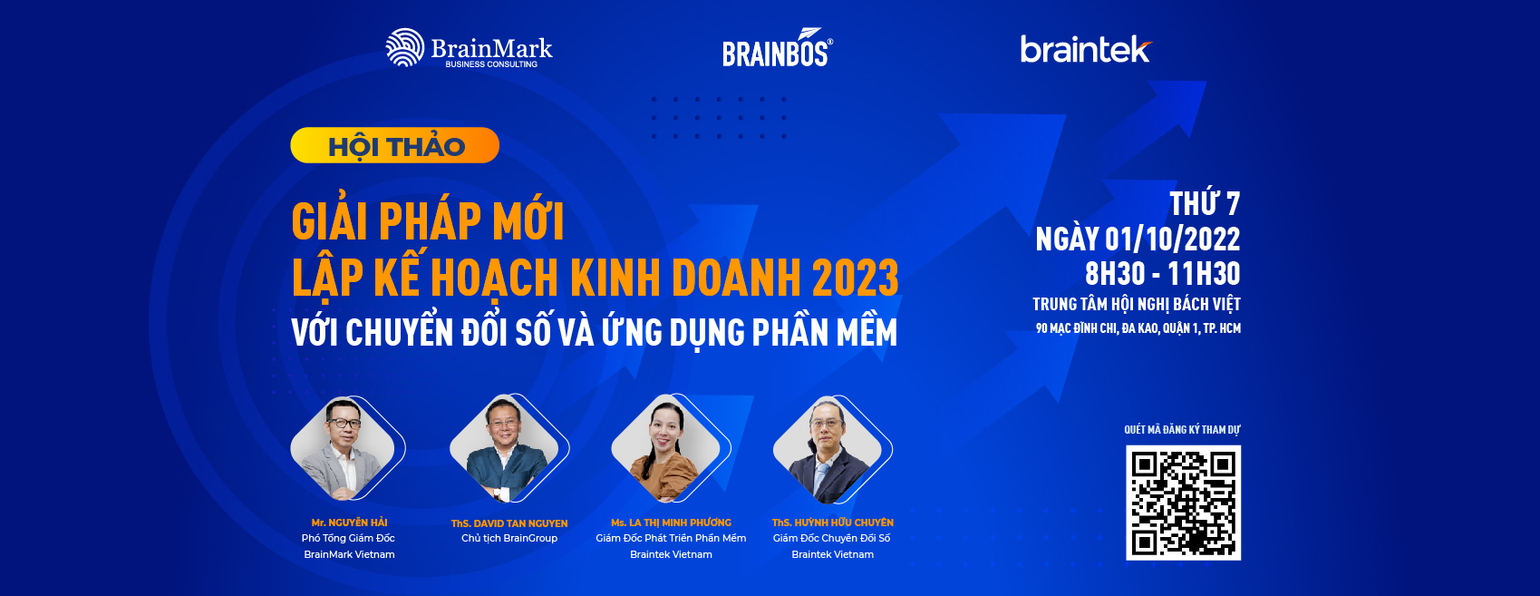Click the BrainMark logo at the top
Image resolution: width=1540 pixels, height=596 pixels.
click(x=469, y=49)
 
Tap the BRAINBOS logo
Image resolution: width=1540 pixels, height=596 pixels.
click(x=777, y=50)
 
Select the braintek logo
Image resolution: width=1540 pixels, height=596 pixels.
click(x=1085, y=49)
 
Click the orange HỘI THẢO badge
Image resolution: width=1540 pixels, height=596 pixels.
click(x=395, y=146)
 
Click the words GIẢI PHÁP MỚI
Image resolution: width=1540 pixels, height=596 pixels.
click(x=428, y=221)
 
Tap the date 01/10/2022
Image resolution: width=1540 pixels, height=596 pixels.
click(x=1172, y=239)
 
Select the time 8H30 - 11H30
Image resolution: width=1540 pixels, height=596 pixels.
click(x=1162, y=274)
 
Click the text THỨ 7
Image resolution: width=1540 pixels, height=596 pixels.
click(x=1204, y=204)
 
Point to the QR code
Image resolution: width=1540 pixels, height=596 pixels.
click(x=1183, y=503)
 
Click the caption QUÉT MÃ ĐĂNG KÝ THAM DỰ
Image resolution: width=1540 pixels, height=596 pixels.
click(x=1182, y=430)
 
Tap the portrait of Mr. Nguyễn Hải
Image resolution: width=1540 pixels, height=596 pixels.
click(x=344, y=449)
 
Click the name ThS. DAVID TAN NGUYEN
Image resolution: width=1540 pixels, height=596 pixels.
click(x=509, y=523)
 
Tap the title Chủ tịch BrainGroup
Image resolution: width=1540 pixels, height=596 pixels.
click(x=509, y=538)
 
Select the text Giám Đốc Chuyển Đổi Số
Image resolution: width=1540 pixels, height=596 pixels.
click(x=831, y=538)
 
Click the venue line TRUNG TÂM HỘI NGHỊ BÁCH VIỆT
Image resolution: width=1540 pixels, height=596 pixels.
click(x=1136, y=305)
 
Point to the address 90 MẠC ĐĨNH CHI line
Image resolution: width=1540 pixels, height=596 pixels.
click(x=1138, y=328)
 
